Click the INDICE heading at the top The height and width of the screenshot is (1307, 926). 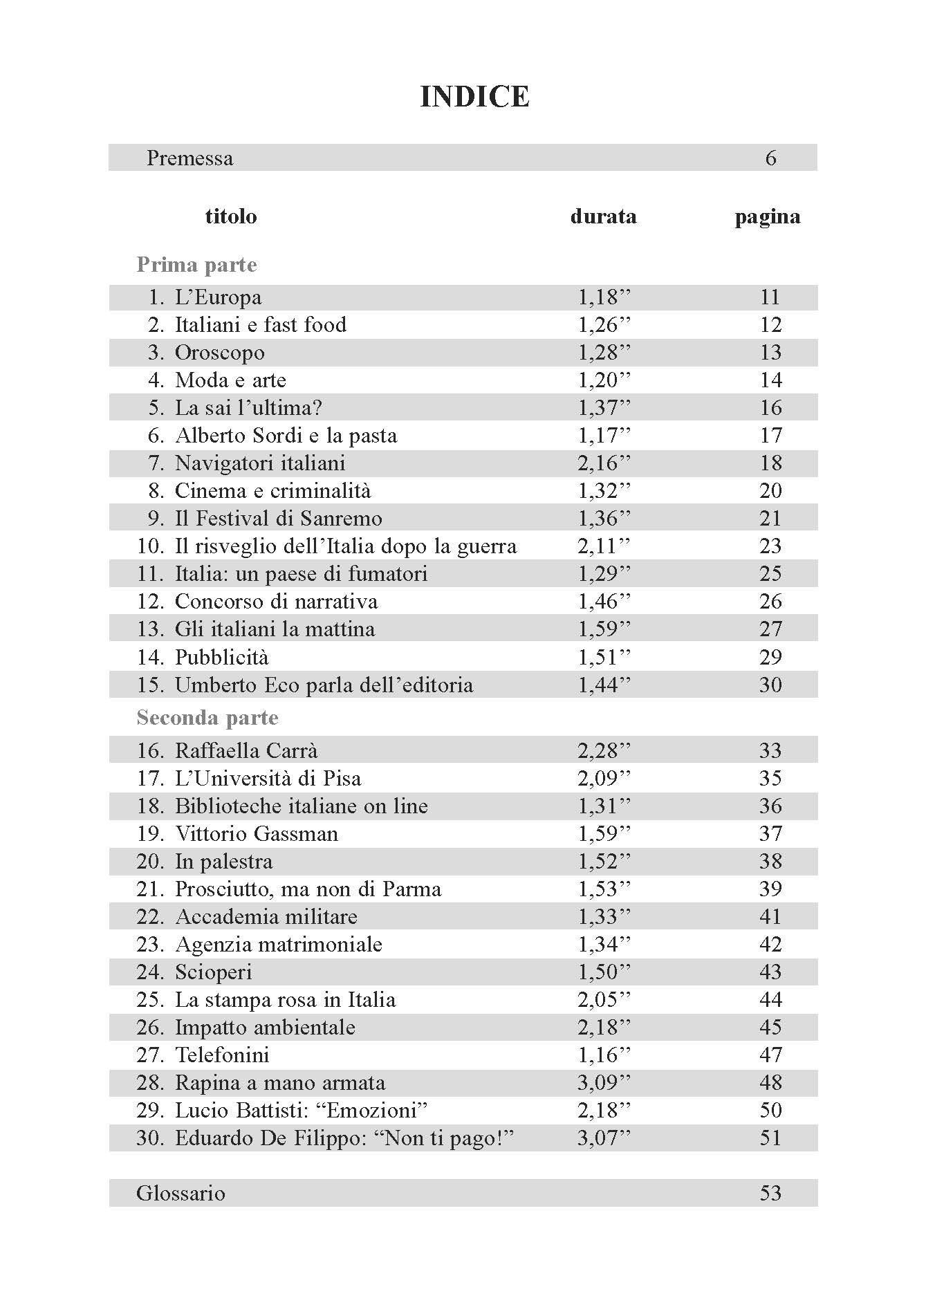tap(474, 97)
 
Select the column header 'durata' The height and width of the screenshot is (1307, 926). tap(603, 216)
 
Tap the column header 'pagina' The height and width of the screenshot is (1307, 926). tap(768, 216)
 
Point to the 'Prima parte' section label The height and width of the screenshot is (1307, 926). tap(196, 265)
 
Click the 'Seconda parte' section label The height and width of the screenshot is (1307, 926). tap(207, 718)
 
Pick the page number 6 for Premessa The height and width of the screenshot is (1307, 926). tap(770, 158)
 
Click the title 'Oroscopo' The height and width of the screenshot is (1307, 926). tap(219, 353)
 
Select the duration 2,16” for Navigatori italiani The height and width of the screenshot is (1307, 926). tap(604, 463)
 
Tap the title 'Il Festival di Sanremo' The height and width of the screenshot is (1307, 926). tap(278, 519)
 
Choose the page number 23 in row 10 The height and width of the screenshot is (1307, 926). tap(770, 546)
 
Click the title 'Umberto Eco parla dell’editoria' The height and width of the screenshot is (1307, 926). tap(324, 685)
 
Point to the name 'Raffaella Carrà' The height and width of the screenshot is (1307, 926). tap(246, 751)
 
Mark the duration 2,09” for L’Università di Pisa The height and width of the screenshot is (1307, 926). tap(604, 779)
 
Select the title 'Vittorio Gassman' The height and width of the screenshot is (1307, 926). tap(257, 834)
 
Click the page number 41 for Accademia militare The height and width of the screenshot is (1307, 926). tap(770, 917)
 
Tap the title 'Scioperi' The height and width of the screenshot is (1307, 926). tap(213, 972)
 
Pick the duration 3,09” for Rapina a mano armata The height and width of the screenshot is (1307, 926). tap(604, 1083)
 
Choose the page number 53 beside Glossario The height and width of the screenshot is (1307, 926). tap(770, 1194)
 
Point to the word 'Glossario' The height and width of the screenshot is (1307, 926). tap(180, 1194)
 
